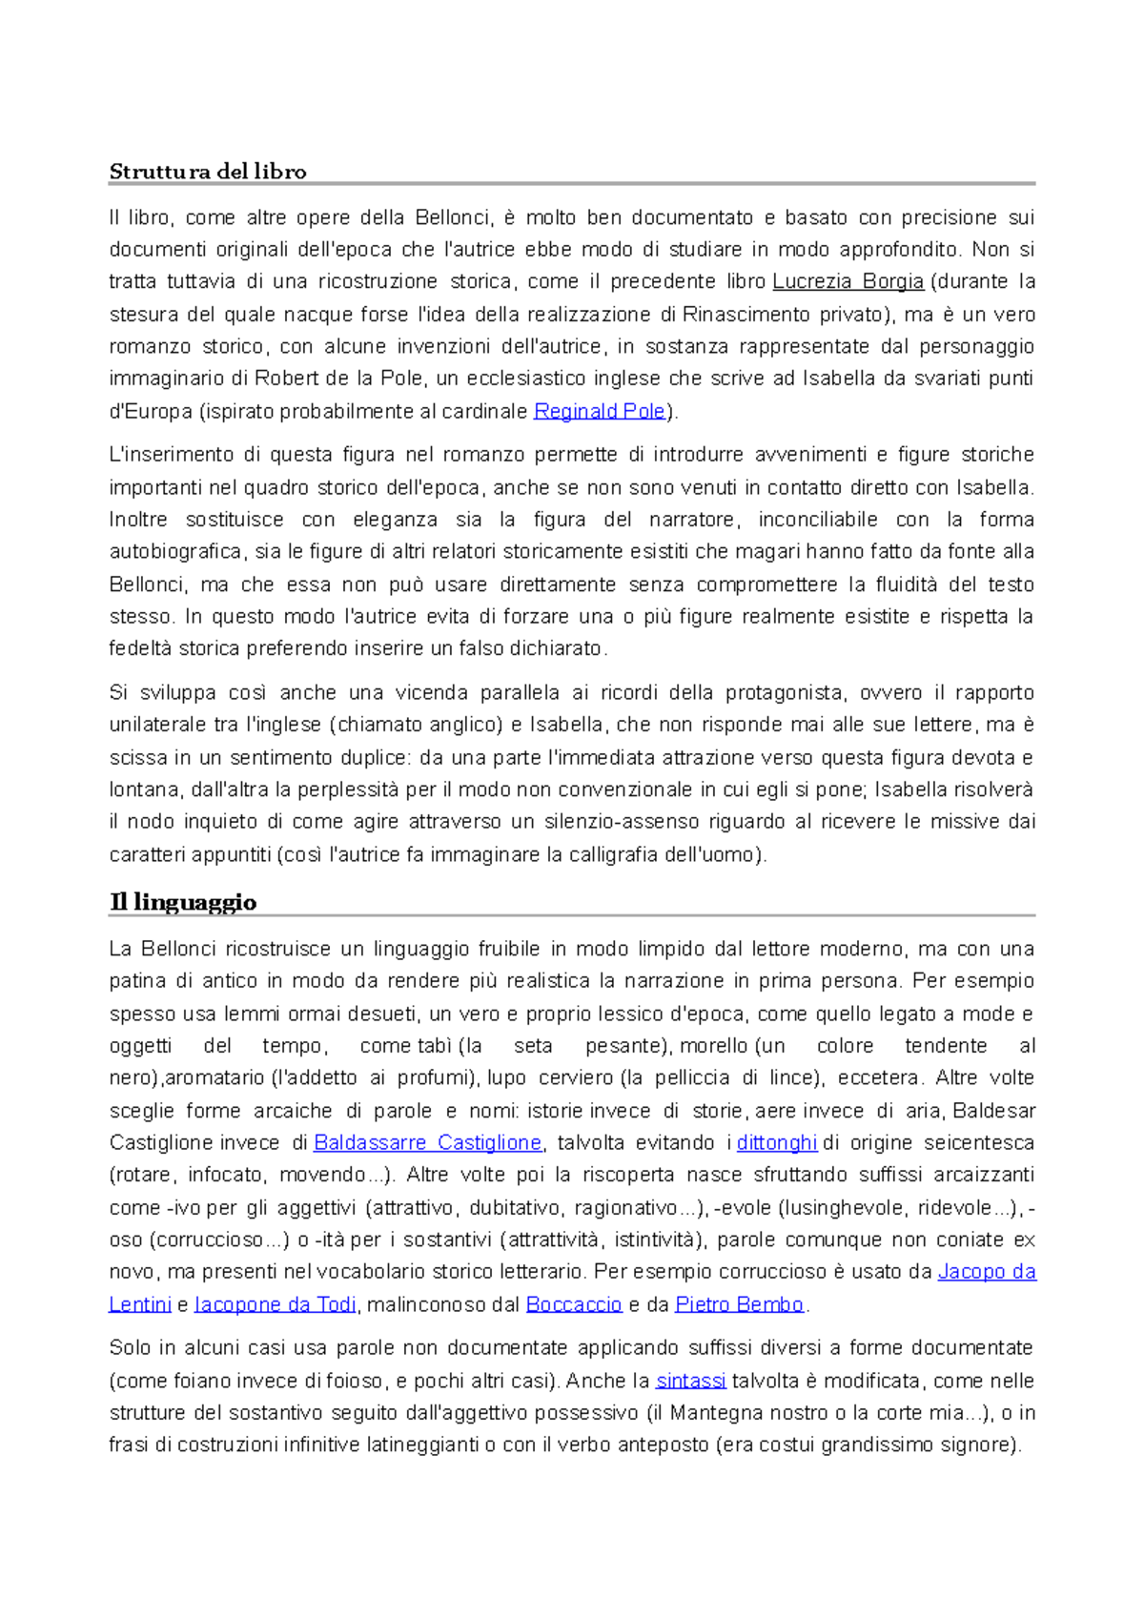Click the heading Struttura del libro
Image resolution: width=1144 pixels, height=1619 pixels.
coord(207,172)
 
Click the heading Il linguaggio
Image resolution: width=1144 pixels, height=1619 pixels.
coord(182,902)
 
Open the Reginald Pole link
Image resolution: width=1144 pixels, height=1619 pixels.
coord(599,411)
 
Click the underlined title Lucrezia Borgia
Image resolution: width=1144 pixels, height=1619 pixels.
coord(848,281)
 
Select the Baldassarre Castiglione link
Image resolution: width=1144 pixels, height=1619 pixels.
coord(427,1142)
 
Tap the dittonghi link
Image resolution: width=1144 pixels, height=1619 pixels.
coord(777,1142)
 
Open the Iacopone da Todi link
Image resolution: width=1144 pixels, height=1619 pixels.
coord(275,1304)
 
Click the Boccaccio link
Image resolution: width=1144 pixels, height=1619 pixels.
coord(573,1304)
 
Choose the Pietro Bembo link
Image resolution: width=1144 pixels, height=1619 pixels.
coord(739,1304)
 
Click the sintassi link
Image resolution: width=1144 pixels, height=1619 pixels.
coord(691,1381)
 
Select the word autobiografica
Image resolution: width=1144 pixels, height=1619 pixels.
coord(169,552)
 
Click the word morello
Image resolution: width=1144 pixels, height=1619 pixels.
coord(714,1046)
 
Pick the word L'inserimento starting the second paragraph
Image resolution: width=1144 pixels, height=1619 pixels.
coord(167,455)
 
